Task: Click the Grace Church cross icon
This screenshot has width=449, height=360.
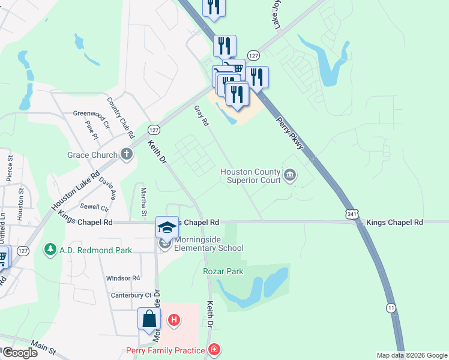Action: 127,154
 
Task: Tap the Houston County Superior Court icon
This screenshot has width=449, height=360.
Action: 291,175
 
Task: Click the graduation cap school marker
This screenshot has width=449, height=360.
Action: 167,227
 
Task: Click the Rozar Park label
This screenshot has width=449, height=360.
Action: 223,271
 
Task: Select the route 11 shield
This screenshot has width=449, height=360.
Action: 391,307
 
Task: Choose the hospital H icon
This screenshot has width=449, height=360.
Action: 173,320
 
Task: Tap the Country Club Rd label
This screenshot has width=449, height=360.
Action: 118,112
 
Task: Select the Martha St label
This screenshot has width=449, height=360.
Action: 144,201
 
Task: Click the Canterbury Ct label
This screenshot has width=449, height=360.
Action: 131,295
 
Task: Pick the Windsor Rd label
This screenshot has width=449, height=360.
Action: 123,278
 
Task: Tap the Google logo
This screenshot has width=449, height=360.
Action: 20,352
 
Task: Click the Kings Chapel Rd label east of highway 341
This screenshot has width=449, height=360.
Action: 395,222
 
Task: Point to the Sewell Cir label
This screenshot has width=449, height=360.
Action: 95,208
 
